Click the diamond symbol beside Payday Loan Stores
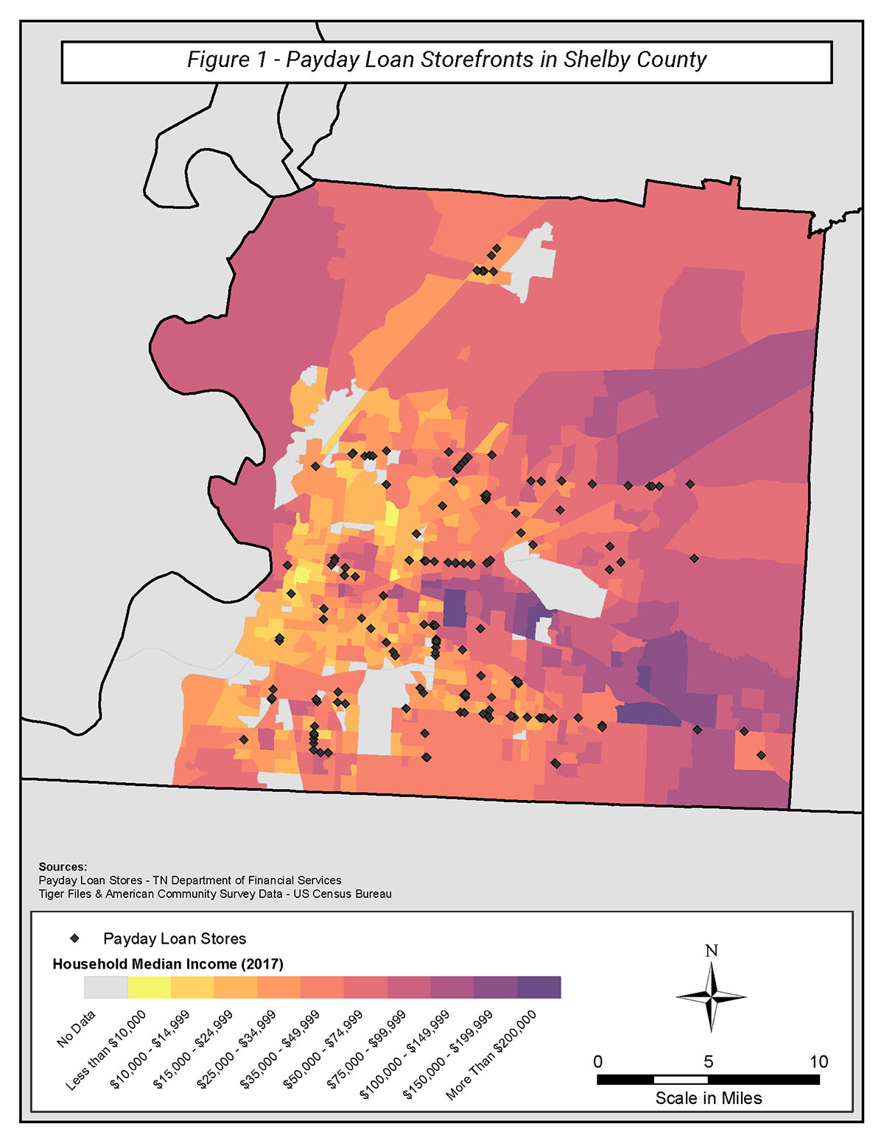(x=74, y=938)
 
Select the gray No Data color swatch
(x=105, y=987)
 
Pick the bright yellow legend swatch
(x=149, y=987)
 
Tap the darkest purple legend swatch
(x=539, y=987)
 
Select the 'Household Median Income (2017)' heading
(x=168, y=964)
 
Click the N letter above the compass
(x=711, y=951)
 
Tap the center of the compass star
(x=711, y=997)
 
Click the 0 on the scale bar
(x=597, y=1061)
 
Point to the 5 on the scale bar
(x=708, y=1061)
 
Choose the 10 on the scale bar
(x=818, y=1061)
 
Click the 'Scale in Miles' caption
(x=709, y=1098)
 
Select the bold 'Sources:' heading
(x=63, y=867)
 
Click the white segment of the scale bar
(x=681, y=1080)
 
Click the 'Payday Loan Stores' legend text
(x=175, y=938)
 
